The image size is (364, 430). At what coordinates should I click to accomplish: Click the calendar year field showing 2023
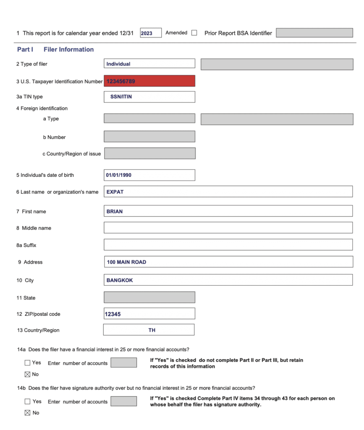click(x=150, y=33)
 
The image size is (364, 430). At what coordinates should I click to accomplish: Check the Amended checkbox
click(x=194, y=33)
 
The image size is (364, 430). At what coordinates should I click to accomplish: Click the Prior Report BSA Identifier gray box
click(x=314, y=33)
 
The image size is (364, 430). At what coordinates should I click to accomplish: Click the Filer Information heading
click(x=68, y=50)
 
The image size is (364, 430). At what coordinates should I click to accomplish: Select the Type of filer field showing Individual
click(x=149, y=64)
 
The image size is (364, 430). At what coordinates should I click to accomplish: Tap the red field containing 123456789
click(x=149, y=81)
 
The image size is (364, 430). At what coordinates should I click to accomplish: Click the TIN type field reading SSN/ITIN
click(x=149, y=97)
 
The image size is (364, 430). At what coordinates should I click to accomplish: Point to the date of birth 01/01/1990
click(x=119, y=175)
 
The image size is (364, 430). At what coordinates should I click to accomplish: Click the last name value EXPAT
click(x=115, y=192)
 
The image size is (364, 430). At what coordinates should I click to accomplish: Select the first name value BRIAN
click(x=115, y=211)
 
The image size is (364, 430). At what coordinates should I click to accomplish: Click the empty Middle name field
click(x=228, y=228)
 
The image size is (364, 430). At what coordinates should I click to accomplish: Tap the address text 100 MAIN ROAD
click(x=126, y=262)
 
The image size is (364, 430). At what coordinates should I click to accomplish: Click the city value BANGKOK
click(x=120, y=280)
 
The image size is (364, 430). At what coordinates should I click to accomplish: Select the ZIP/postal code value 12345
click(x=113, y=314)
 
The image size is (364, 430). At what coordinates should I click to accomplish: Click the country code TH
click(x=152, y=330)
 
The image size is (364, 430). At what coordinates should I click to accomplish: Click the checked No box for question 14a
click(x=28, y=374)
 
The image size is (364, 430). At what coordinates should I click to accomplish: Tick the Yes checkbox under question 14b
click(x=28, y=401)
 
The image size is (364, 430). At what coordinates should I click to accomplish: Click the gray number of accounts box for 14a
click(x=123, y=363)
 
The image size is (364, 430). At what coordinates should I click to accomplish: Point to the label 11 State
click(x=26, y=298)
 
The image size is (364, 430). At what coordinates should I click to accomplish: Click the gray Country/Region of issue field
click(x=149, y=154)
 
